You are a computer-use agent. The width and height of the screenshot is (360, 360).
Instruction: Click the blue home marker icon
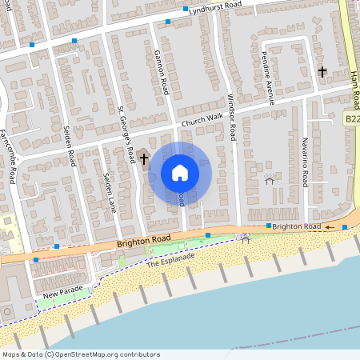point(180,172)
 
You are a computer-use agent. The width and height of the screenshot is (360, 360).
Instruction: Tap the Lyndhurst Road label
point(212,9)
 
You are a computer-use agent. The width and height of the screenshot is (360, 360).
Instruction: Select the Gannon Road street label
point(161,70)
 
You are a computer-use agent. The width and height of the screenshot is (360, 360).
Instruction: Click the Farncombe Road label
point(13,157)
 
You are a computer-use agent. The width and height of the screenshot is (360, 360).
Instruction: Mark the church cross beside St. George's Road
point(145,158)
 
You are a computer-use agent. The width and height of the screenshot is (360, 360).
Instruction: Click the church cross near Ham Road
point(322,72)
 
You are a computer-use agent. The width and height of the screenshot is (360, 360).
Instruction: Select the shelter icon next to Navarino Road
point(269,179)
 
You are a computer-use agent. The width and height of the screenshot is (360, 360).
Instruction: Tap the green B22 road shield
point(352,118)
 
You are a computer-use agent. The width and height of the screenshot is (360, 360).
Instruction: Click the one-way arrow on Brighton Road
point(328,227)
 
